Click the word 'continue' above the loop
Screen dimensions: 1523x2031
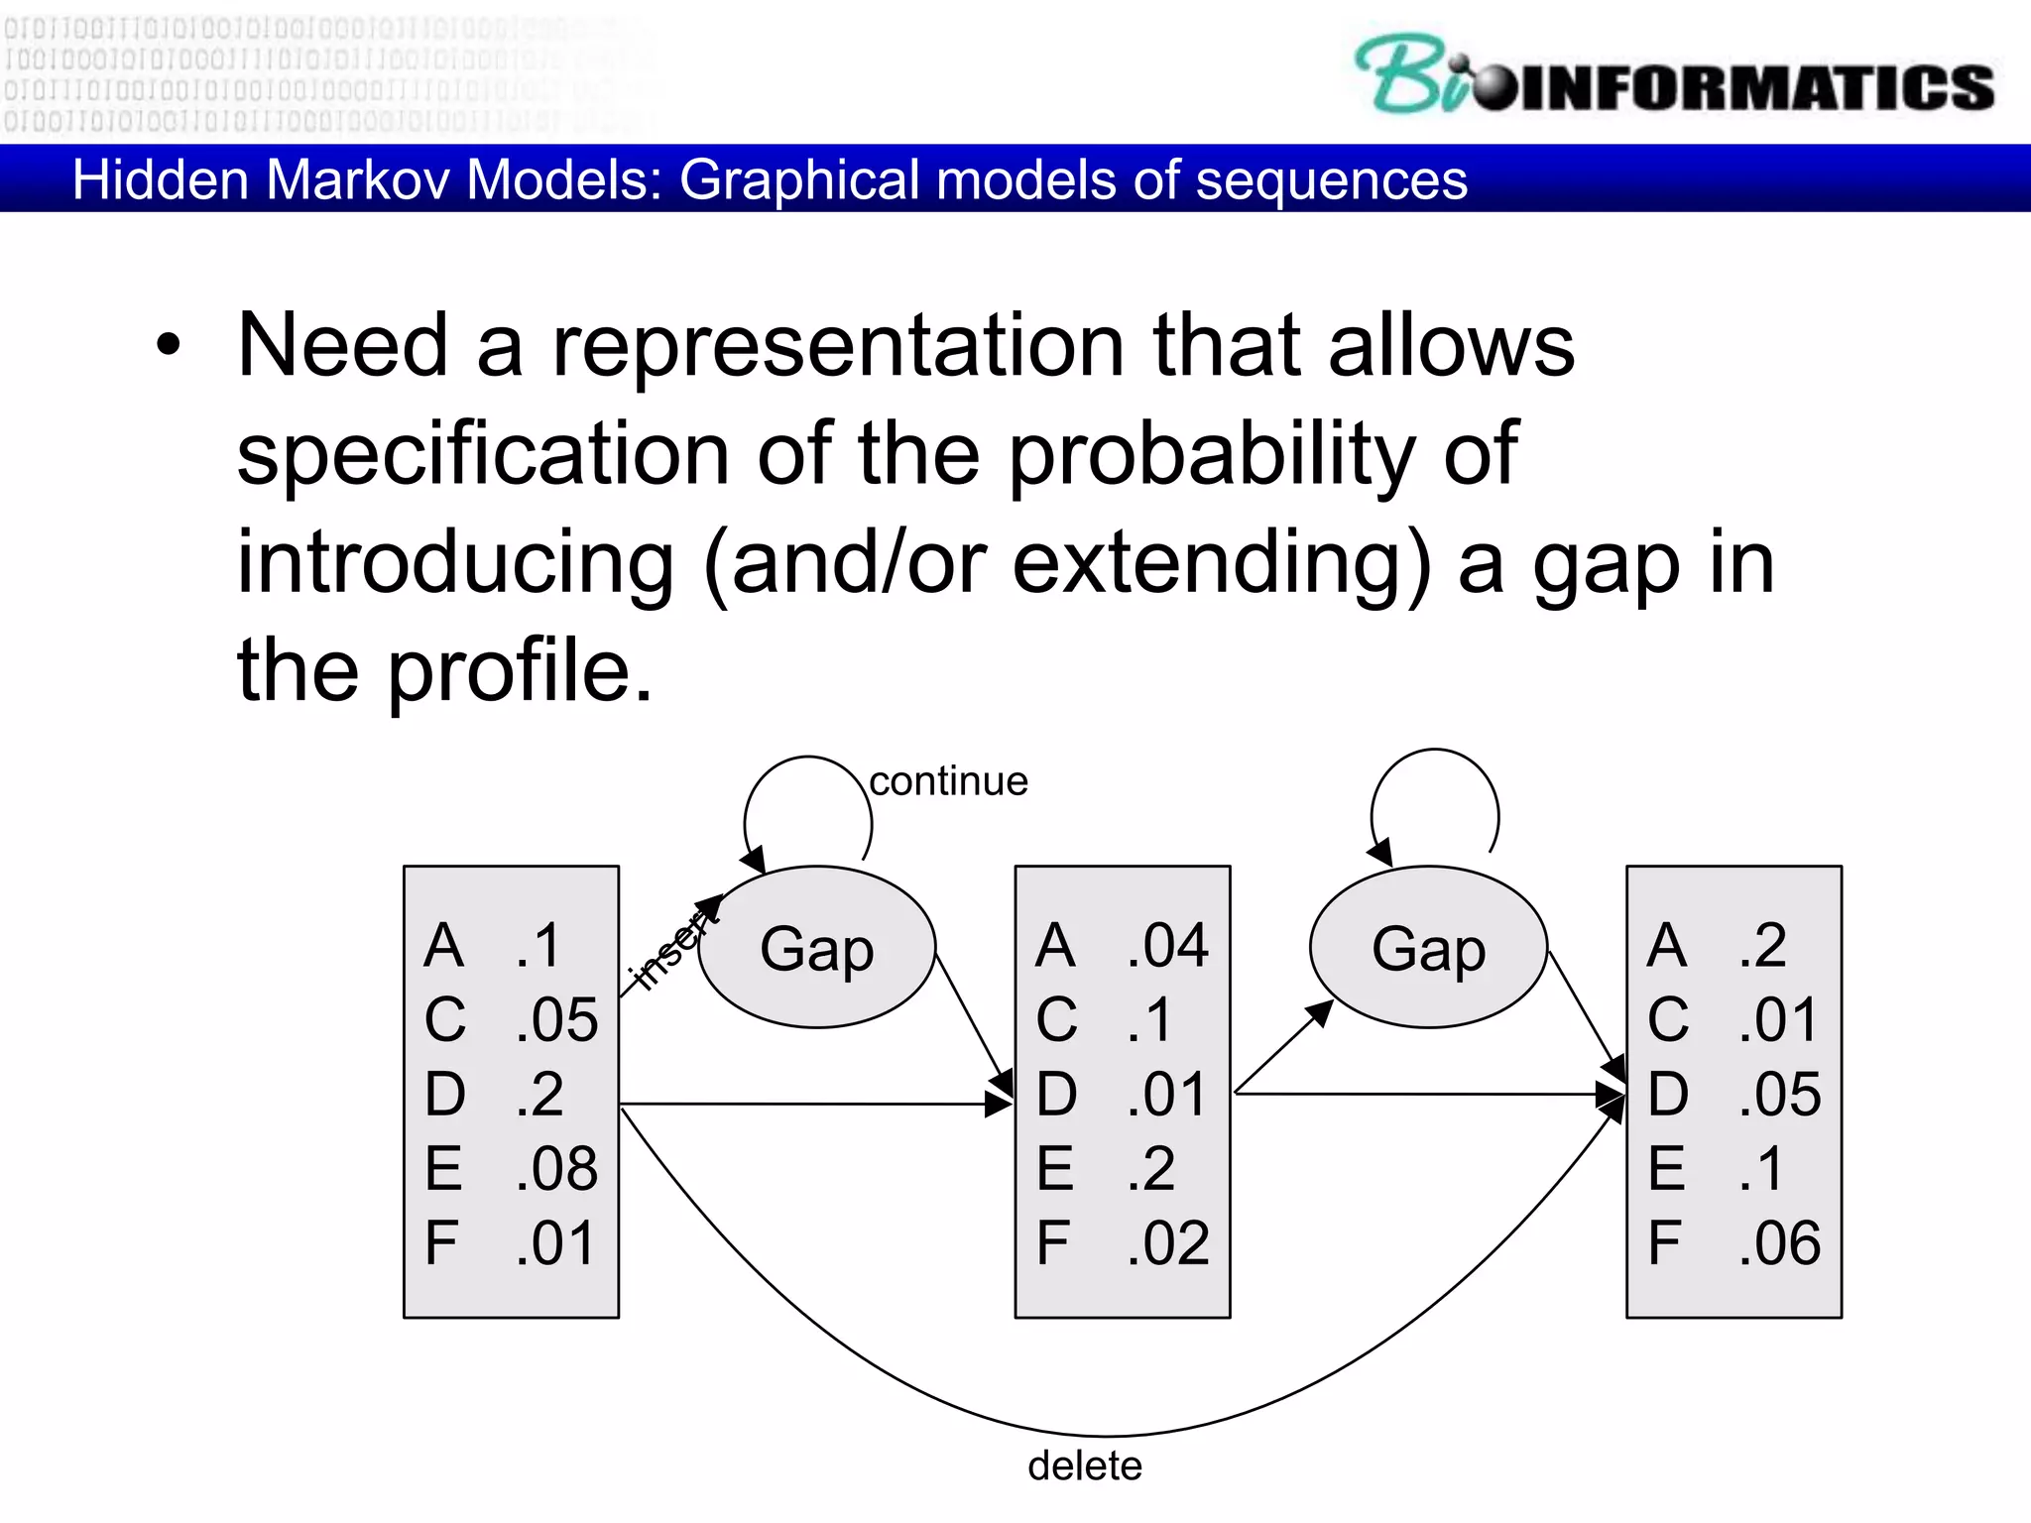pyautogui.click(x=948, y=781)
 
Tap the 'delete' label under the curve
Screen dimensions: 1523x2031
pyautogui.click(x=1084, y=1465)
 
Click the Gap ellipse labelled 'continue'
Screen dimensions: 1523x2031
pyautogui.click(x=817, y=948)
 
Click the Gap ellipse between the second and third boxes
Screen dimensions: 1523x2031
pyautogui.click(x=1428, y=948)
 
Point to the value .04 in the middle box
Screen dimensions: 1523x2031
pyautogui.click(x=1168, y=945)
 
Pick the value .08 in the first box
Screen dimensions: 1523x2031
pyautogui.click(x=556, y=1168)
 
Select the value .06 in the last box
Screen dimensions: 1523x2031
pyautogui.click(x=1780, y=1242)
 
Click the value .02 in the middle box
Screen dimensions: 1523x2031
pyautogui.click(x=1168, y=1242)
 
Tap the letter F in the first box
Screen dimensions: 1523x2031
pyautogui.click(x=441, y=1242)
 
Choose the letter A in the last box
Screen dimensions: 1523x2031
pyautogui.click(x=1667, y=945)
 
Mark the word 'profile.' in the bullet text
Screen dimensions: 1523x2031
pyautogui.click(x=520, y=670)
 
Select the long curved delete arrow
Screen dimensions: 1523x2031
pyautogui.click(x=1111, y=1434)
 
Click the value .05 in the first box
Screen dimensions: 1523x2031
pyautogui.click(x=556, y=1019)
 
